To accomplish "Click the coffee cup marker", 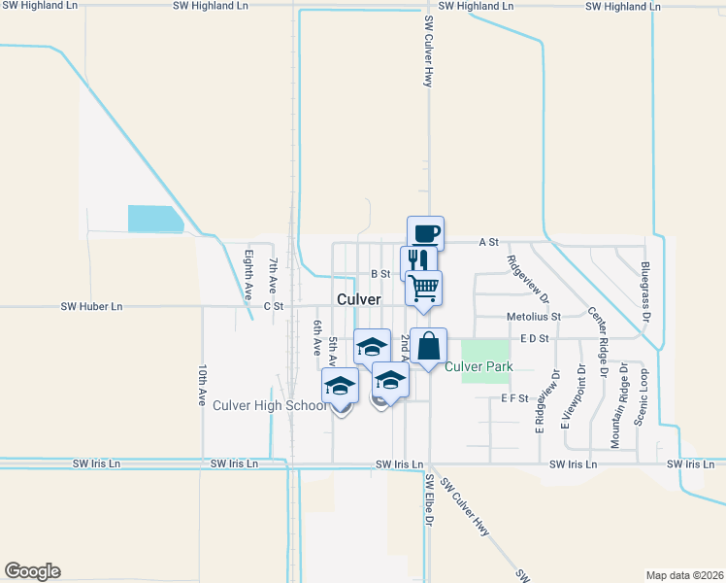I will coord(425,233).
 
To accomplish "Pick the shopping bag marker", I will coord(429,347).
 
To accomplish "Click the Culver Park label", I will coord(478,367).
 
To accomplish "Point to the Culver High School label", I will coord(270,405).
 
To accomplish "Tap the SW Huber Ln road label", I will coord(92,306).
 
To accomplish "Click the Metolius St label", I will coord(533,317).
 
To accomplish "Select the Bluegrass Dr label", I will coord(644,291).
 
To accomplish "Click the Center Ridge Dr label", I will coord(596,343).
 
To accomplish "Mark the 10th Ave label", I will coord(203,386).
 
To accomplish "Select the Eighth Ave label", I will coord(248,275).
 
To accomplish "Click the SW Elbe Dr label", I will coord(428,499).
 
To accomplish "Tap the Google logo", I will coord(32,571).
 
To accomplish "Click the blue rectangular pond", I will coord(154,219).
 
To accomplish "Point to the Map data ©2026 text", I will coord(684,574).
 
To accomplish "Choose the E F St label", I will coord(514,398).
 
